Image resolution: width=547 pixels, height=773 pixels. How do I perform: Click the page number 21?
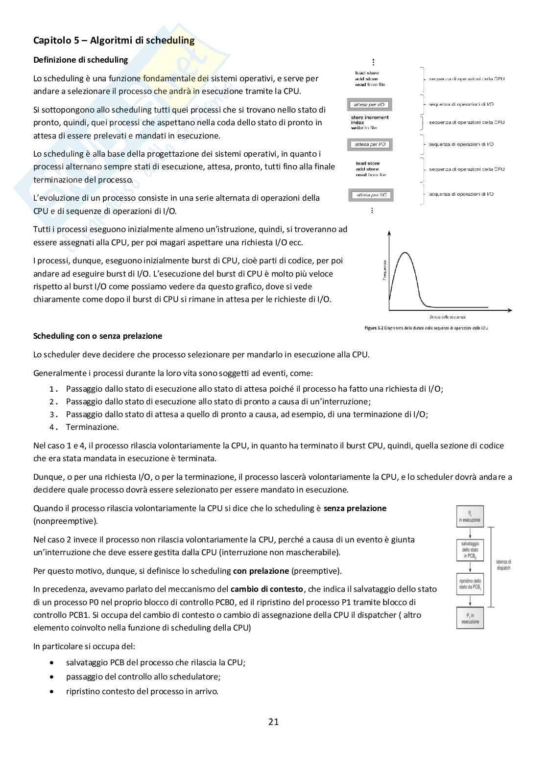click(273, 722)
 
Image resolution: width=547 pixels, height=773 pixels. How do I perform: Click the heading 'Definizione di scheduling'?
click(80, 60)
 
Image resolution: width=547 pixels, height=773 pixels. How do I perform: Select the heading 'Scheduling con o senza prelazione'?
click(97, 336)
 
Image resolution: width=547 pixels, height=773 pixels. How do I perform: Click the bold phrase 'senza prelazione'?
click(355, 508)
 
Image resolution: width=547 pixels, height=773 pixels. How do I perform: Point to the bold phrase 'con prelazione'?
click(261, 571)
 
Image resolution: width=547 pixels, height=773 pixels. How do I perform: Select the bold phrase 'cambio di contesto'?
click(267, 589)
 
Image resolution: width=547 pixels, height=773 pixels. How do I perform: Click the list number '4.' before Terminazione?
click(54, 427)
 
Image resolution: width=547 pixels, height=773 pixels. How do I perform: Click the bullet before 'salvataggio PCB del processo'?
click(52, 662)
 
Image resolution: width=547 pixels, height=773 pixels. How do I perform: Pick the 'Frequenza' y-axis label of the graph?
click(385, 270)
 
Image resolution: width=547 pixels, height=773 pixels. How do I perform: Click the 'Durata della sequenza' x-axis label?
click(447, 317)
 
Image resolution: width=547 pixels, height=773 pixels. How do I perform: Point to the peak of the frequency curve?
click(405, 253)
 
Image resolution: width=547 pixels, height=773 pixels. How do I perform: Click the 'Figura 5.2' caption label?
click(374, 328)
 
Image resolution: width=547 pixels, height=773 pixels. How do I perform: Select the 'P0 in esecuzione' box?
click(470, 516)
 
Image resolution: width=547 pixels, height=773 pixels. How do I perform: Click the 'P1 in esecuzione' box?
click(470, 618)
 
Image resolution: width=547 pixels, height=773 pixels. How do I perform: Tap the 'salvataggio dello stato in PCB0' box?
click(470, 550)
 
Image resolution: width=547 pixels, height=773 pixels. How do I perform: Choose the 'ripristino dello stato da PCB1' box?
click(470, 584)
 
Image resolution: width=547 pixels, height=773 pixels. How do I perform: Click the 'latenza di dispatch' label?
click(503, 565)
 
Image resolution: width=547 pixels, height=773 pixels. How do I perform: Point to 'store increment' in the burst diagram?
click(370, 117)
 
